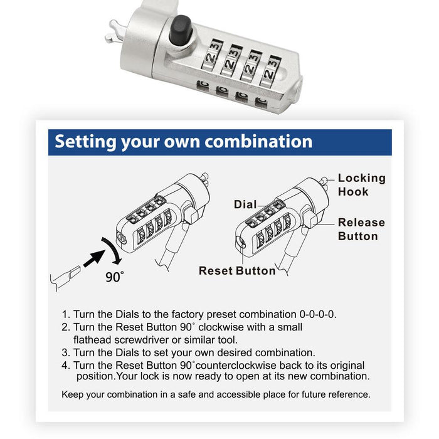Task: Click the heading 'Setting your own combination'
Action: [x=183, y=141]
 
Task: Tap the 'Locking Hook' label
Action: [x=361, y=185]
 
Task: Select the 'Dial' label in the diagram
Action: [x=245, y=204]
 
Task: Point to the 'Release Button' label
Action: [x=361, y=229]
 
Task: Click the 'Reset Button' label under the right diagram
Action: [x=237, y=271]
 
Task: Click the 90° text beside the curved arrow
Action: [x=115, y=277]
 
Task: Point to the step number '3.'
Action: [x=66, y=352]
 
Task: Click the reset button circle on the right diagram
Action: [x=241, y=243]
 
